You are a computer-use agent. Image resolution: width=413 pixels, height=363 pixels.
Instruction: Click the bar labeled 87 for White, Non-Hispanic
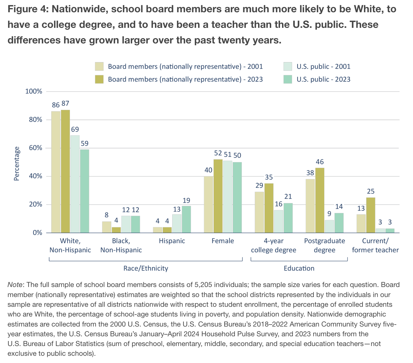pyautogui.click(x=65, y=171)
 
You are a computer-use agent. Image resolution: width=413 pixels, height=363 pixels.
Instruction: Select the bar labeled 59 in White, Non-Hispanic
pyautogui.click(x=84, y=191)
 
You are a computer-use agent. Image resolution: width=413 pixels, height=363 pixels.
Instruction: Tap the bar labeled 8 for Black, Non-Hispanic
pyautogui.click(x=107, y=227)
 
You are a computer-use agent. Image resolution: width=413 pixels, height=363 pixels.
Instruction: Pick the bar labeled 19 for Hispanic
pyautogui.click(x=186, y=219)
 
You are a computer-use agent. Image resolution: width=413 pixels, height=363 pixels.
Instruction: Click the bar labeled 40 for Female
pyautogui.click(x=208, y=204)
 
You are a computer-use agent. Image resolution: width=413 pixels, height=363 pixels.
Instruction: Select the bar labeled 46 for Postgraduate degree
pyautogui.click(x=320, y=200)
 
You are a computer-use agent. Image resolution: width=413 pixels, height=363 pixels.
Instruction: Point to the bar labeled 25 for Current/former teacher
pyautogui.click(x=371, y=215)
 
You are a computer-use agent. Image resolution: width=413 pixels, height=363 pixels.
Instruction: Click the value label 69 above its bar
pyautogui.click(x=75, y=129)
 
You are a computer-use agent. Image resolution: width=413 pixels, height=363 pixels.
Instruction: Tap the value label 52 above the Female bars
pyautogui.click(x=218, y=153)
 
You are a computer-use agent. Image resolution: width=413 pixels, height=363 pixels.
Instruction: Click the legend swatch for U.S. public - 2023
pyautogui.click(x=288, y=79)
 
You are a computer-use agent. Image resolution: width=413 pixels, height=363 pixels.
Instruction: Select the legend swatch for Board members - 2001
pyautogui.click(x=99, y=67)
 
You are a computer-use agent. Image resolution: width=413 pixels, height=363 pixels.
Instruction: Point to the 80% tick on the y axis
pyautogui.click(x=34, y=120)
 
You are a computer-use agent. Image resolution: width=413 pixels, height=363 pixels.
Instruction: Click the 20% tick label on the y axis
pyautogui.click(x=34, y=205)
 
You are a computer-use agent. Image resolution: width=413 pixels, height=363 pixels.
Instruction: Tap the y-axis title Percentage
pyautogui.click(x=17, y=164)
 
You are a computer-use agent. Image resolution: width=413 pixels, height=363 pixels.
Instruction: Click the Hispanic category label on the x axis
pyautogui.click(x=172, y=241)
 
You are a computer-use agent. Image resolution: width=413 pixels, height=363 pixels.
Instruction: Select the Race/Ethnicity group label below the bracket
pyautogui.click(x=146, y=268)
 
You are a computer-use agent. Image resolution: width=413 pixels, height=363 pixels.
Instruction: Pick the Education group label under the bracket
pyautogui.click(x=299, y=268)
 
